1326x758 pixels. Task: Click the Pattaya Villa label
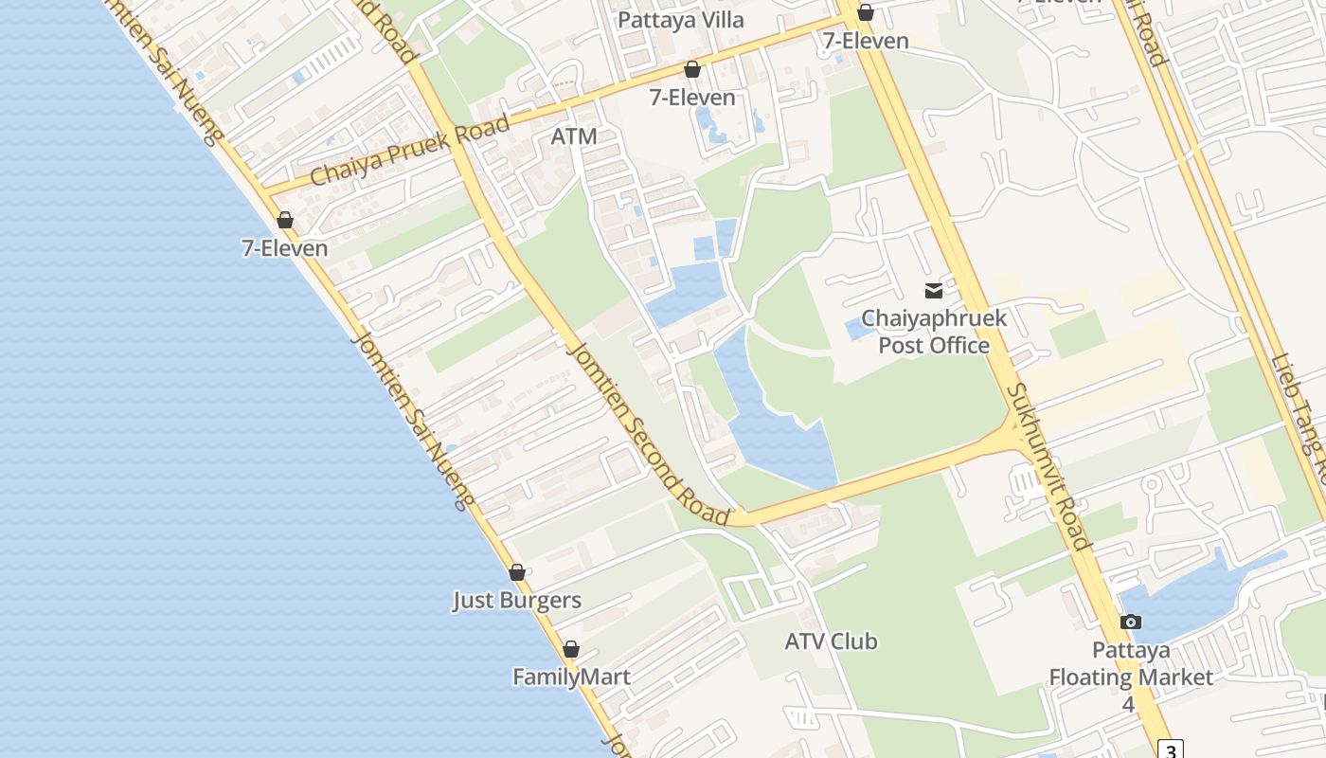click(680, 20)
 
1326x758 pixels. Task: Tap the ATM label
click(574, 136)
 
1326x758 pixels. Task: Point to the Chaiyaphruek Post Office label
click(933, 332)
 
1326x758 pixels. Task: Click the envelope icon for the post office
click(934, 291)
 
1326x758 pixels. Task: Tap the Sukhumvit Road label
click(1048, 465)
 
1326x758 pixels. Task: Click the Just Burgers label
click(516, 601)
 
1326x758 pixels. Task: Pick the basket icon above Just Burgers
click(517, 572)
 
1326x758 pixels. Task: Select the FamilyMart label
click(571, 677)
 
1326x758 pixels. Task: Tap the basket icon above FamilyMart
click(571, 649)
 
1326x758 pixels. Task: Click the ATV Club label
click(831, 641)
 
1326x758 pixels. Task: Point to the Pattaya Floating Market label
click(1130, 664)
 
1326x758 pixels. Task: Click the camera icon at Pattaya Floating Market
click(1130, 623)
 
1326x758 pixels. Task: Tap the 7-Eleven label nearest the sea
click(284, 248)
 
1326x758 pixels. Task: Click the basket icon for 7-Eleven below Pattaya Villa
click(692, 69)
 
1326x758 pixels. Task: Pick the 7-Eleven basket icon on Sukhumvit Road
click(865, 12)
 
